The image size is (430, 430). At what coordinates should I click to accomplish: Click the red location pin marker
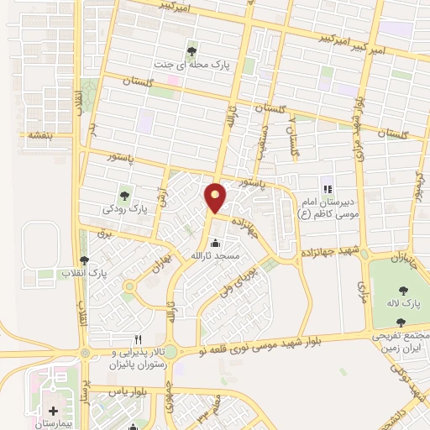pos(215,197)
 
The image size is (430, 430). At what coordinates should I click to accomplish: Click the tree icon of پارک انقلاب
pos(82,260)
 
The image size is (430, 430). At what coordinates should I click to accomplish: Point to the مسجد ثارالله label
pos(215,254)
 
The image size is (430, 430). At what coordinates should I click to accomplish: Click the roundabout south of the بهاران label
pos(128,295)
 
